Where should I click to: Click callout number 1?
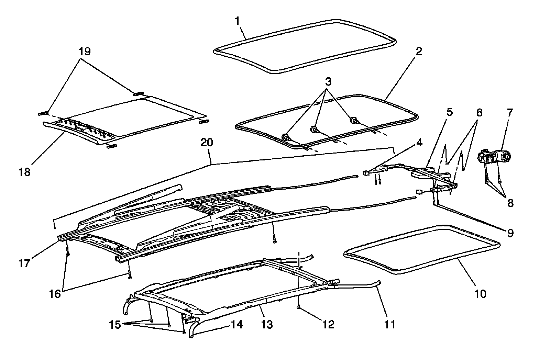tap(238, 21)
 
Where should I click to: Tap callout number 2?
tap(418, 52)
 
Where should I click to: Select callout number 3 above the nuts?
tap(328, 82)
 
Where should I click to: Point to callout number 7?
tap(509, 112)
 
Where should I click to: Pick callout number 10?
tap(480, 294)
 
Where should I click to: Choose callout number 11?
tap(389, 324)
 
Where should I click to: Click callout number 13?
tap(267, 324)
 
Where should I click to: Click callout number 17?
tap(24, 264)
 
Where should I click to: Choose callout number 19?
tap(85, 52)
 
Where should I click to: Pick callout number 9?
tap(510, 233)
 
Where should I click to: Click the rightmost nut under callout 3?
tap(353, 121)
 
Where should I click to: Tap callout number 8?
tap(510, 203)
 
